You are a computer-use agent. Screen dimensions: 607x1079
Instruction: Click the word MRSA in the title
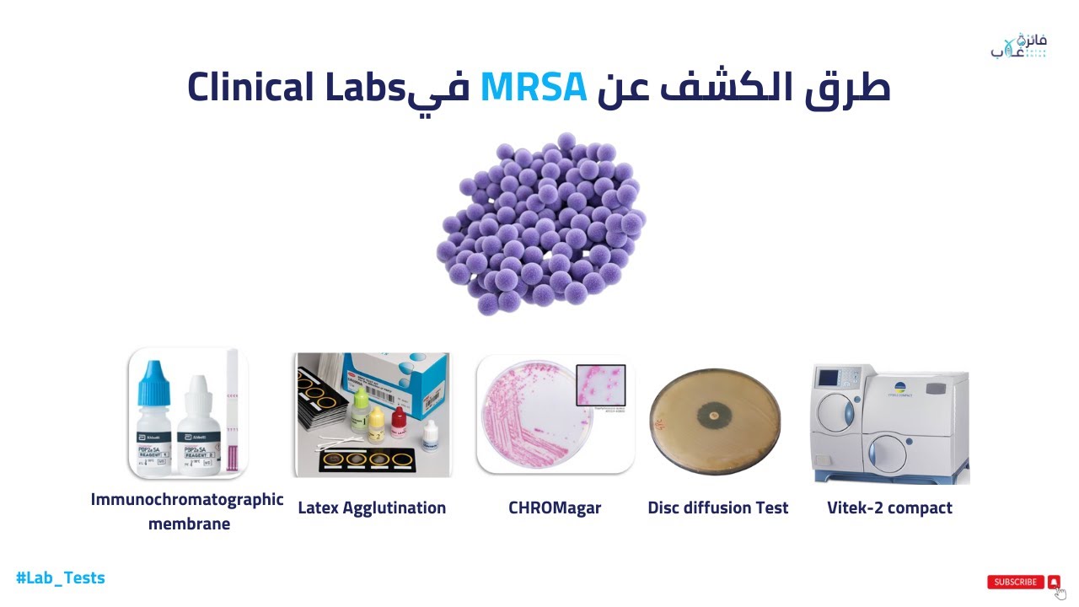(534, 87)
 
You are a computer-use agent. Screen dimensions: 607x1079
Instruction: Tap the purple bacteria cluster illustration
(539, 223)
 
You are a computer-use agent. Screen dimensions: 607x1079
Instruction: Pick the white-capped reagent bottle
(198, 426)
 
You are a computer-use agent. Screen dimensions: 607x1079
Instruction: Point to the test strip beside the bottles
(232, 413)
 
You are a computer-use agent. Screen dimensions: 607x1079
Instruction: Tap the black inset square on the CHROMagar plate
(600, 385)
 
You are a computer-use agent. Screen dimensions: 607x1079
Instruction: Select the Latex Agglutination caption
(372, 508)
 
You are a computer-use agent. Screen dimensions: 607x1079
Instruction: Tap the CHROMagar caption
(555, 508)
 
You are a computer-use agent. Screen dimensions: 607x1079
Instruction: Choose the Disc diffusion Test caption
(717, 508)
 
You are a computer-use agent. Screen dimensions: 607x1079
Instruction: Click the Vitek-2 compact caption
(889, 508)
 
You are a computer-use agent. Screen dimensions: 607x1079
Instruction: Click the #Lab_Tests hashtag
(61, 577)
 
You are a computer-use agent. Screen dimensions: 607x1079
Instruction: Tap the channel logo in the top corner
(1018, 46)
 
